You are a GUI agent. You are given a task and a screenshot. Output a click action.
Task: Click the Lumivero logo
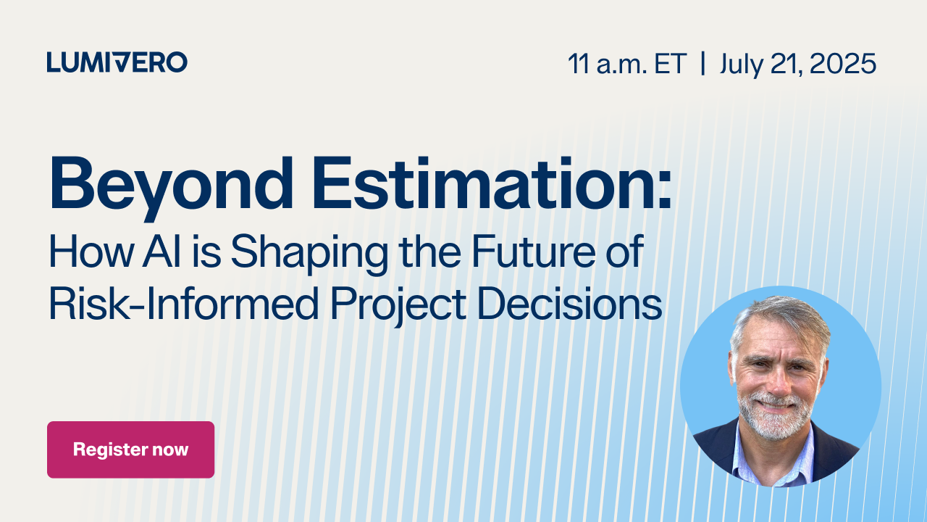click(x=117, y=62)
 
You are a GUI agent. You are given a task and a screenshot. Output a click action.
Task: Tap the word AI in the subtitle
click(x=162, y=251)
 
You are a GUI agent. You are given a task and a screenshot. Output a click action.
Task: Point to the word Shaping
click(x=309, y=254)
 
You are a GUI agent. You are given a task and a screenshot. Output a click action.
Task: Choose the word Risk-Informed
click(x=183, y=304)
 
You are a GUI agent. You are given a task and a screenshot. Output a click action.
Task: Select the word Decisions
click(x=570, y=304)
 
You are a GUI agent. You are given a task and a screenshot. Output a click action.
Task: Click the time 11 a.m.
click(x=608, y=64)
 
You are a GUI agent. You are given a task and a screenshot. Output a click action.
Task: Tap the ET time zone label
click(x=671, y=64)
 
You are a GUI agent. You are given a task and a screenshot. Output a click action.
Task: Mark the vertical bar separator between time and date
click(x=703, y=64)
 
